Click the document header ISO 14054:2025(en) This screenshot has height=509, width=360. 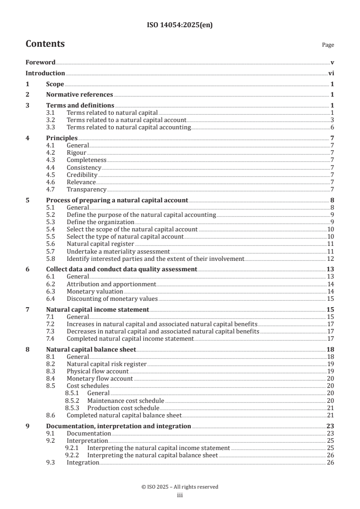click(180, 25)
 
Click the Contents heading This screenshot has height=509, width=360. click(45, 44)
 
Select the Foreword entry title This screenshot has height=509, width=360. click(40, 62)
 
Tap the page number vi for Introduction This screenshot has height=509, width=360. click(331, 73)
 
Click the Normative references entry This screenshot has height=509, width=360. click(79, 94)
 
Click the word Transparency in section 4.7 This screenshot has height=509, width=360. click(86, 189)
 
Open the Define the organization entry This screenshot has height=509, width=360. click(100, 222)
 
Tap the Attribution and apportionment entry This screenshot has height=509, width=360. click(111, 284)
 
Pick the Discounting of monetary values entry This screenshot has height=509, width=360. click(112, 299)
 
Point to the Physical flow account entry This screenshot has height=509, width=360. click(98, 371)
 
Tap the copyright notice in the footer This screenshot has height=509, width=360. click(180, 487)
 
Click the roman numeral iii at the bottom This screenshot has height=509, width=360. click(180, 495)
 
